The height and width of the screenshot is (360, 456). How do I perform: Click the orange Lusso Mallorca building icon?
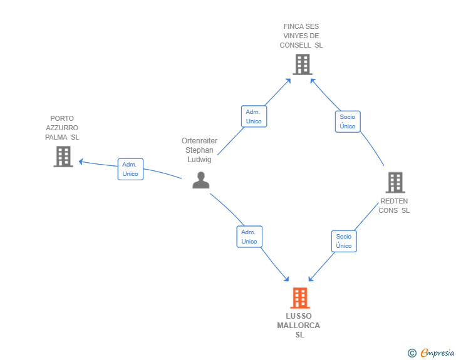point(300,298)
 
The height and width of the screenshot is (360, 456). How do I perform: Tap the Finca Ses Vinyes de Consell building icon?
point(303,64)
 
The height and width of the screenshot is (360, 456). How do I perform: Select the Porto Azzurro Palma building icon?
point(63,157)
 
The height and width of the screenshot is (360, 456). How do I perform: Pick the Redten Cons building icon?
point(395,182)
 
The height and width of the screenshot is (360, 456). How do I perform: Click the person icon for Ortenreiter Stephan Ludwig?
point(201,180)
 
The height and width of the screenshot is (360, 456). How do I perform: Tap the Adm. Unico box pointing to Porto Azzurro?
point(130,169)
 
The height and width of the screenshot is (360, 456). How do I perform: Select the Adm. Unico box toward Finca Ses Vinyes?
point(254,116)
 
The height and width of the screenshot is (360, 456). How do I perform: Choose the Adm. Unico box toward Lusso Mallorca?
point(249,237)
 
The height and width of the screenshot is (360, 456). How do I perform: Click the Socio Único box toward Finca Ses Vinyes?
point(348,121)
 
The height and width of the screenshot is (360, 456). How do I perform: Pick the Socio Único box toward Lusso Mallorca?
point(344,241)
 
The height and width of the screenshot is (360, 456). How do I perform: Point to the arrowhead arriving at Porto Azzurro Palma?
point(81,162)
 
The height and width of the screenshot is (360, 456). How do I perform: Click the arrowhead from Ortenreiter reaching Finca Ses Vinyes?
point(288,81)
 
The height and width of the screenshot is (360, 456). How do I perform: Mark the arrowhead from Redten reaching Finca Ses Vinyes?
point(313,81)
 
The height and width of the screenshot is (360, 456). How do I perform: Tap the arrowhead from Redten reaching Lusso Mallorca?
point(311,279)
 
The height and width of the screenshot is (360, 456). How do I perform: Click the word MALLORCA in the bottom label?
point(298,326)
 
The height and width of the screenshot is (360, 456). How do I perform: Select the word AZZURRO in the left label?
point(62,128)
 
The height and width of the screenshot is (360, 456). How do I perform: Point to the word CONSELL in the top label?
point(295,45)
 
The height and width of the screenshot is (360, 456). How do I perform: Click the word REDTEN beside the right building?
point(394,201)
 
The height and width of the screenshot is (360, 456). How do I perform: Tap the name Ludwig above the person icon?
point(199,160)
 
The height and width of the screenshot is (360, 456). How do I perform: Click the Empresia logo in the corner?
point(431,352)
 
